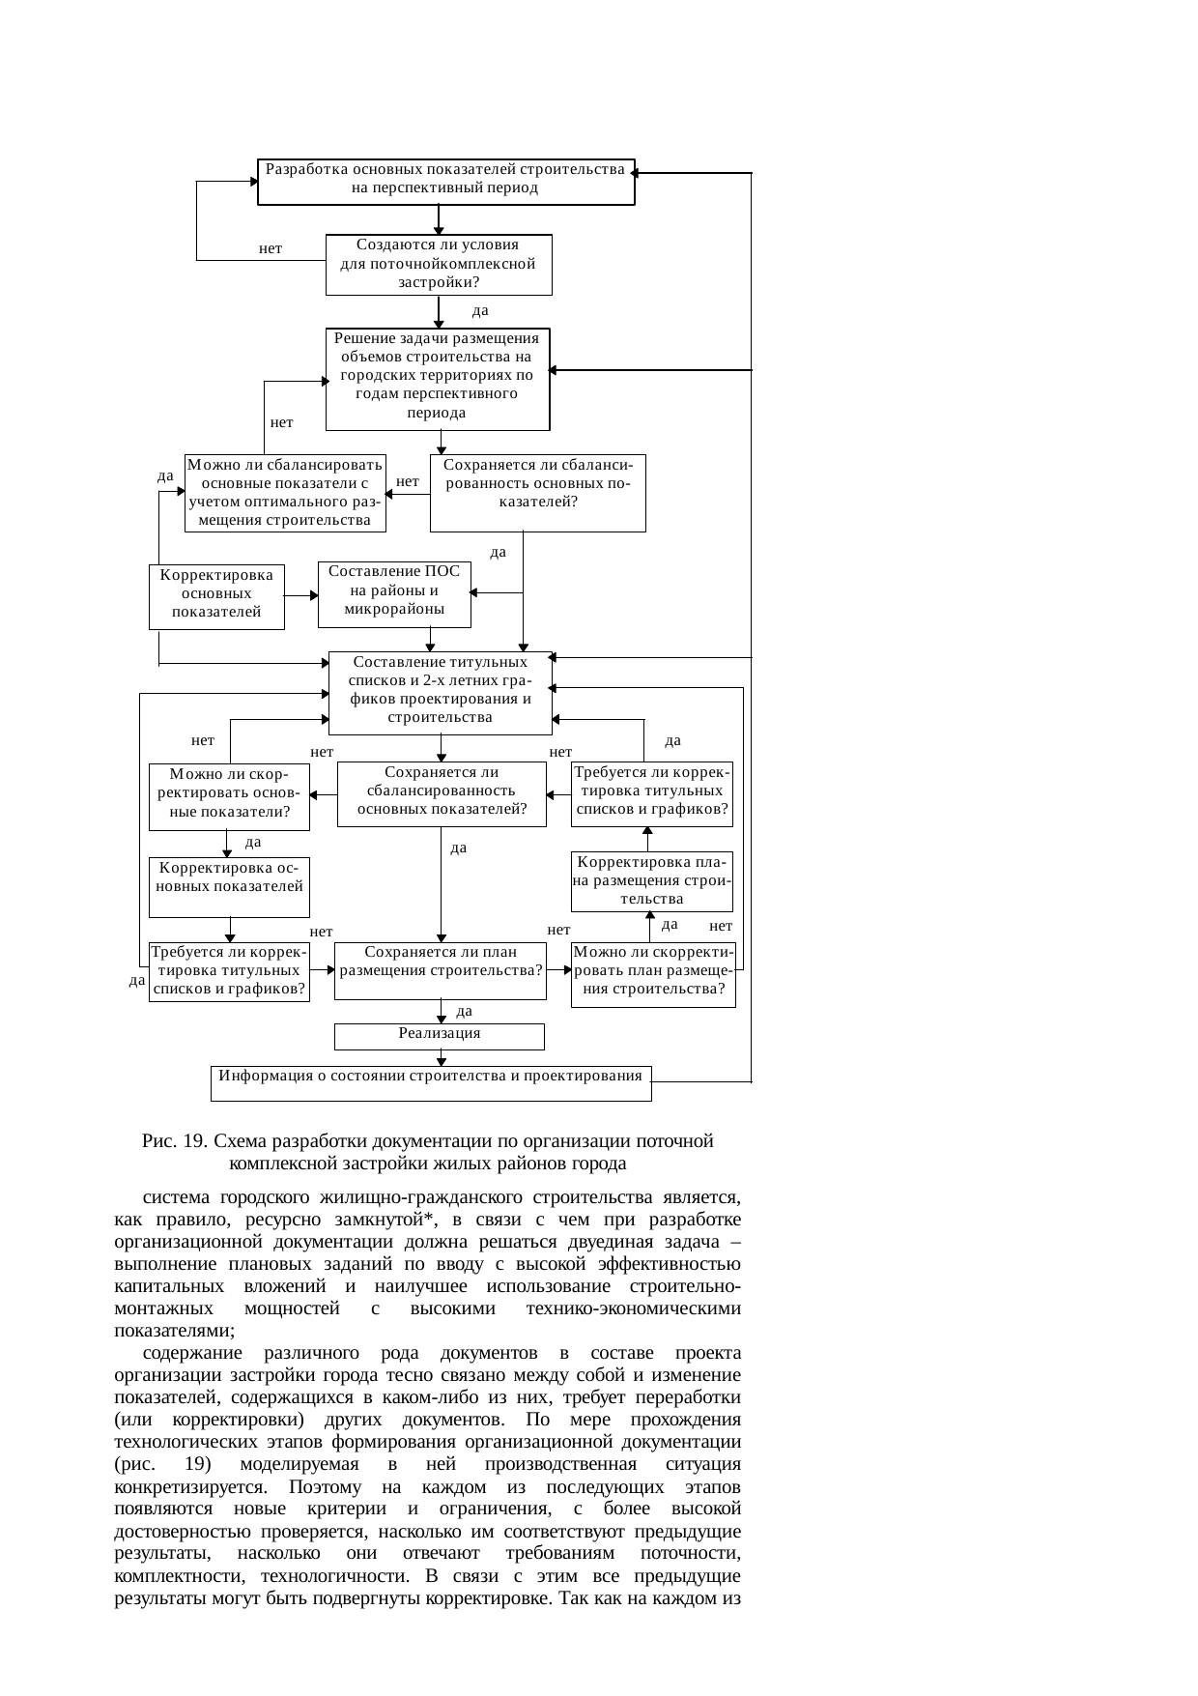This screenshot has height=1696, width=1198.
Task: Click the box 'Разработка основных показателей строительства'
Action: click(445, 182)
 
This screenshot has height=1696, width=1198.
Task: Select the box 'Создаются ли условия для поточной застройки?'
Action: click(439, 264)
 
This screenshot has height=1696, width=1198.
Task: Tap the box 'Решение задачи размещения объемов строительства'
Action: click(438, 379)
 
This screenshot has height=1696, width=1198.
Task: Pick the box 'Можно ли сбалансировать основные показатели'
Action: click(285, 493)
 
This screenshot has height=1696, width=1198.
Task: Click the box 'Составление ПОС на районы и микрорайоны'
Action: click(394, 594)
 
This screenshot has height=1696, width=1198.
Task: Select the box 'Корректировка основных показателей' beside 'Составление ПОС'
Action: click(216, 596)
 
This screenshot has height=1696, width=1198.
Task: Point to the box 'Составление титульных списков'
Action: click(441, 693)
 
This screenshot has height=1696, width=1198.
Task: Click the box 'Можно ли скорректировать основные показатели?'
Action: click(229, 797)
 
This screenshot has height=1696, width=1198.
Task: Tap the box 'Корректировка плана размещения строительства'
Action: click(651, 881)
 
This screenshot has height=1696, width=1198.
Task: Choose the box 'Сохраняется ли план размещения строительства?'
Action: click(441, 970)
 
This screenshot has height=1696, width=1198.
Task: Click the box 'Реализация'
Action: click(440, 1036)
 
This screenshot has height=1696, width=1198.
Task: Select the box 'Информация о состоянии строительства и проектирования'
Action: click(431, 1082)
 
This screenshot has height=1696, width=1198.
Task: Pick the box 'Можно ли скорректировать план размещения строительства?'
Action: click(653, 974)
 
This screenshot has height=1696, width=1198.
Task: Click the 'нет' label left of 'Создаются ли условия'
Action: click(271, 249)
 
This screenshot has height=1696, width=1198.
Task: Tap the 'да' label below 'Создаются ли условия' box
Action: click(480, 311)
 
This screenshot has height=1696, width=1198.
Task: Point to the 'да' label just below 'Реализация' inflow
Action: click(464, 1012)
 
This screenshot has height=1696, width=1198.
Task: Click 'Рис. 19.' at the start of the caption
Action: click(175, 1141)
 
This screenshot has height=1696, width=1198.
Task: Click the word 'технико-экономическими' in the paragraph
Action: click(633, 1308)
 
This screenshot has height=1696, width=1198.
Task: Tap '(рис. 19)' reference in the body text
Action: click(162, 1465)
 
